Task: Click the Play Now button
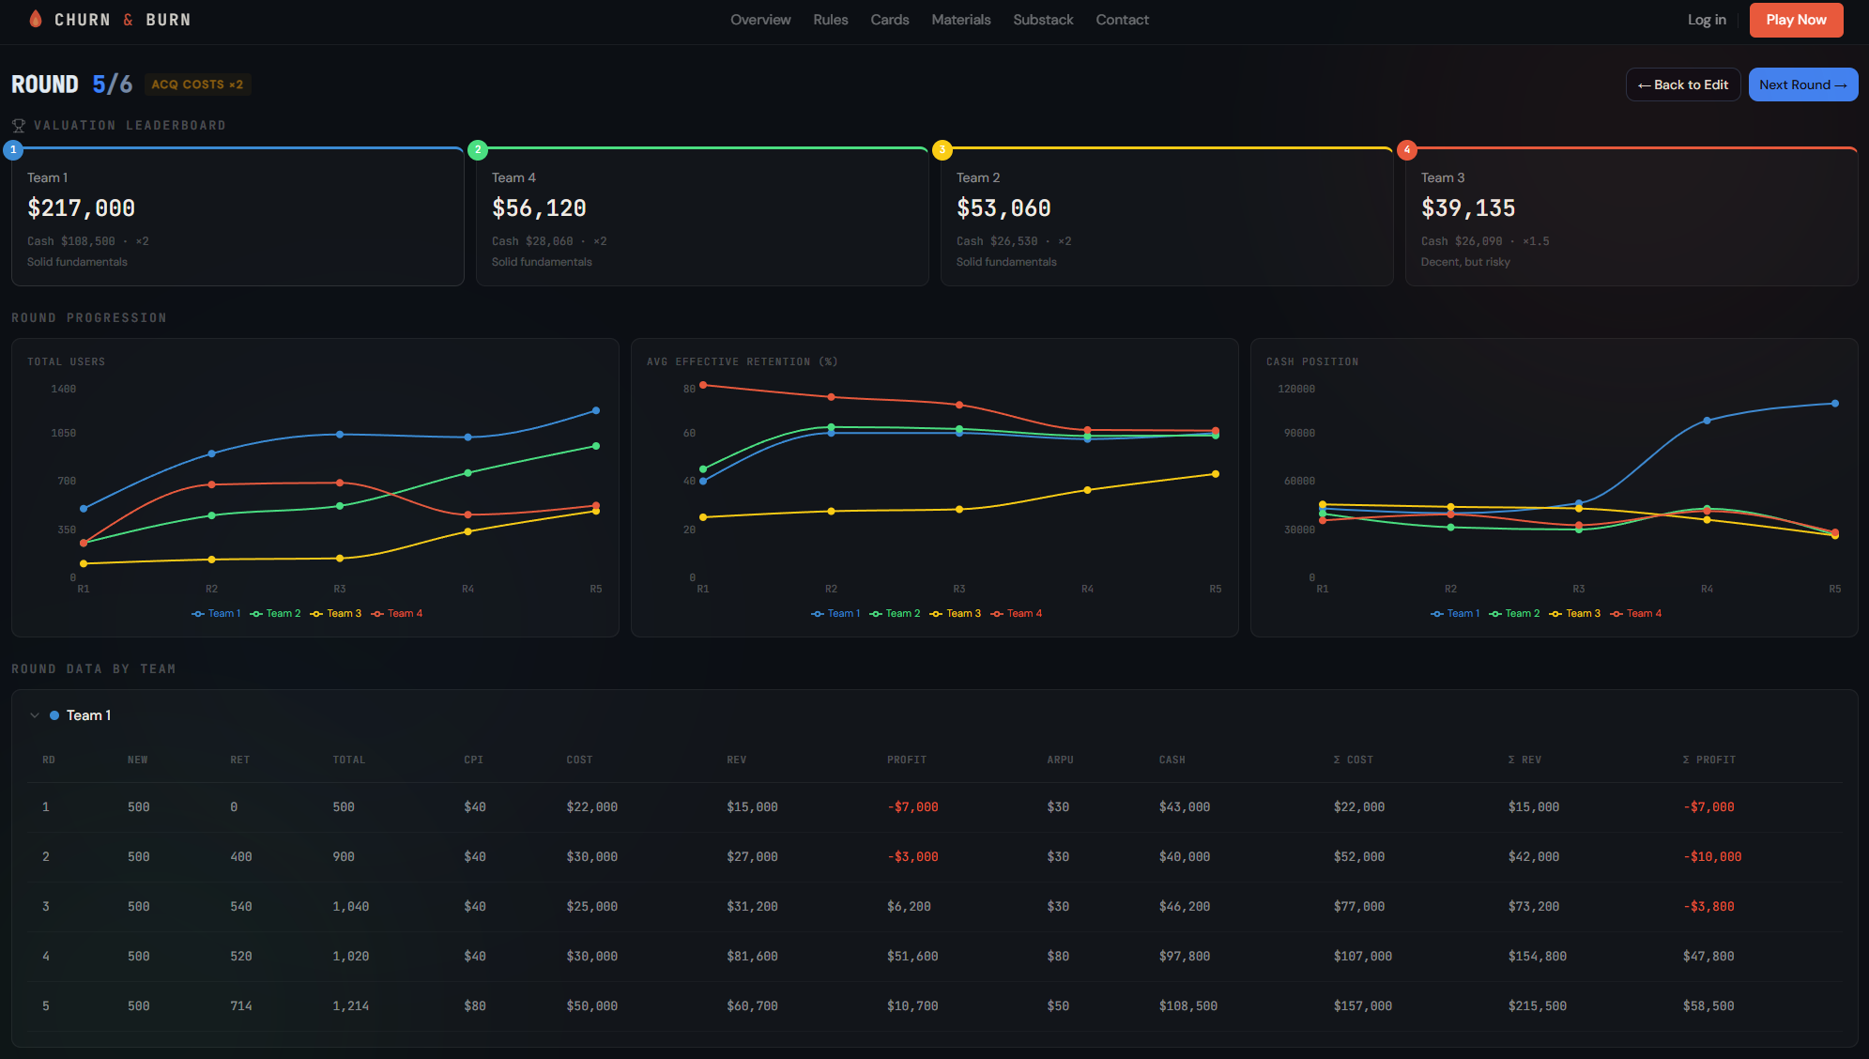pyautogui.click(x=1796, y=20)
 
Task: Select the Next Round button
pyautogui.click(x=1802, y=84)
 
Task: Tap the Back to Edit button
pyautogui.click(x=1683, y=84)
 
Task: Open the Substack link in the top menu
pyautogui.click(x=1043, y=20)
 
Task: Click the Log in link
pyautogui.click(x=1707, y=20)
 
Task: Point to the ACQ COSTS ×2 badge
pyautogui.click(x=197, y=84)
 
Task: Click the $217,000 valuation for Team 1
pyautogui.click(x=82, y=208)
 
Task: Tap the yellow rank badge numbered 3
pyautogui.click(x=942, y=150)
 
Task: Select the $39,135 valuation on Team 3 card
pyautogui.click(x=1468, y=208)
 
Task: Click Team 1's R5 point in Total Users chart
pyautogui.click(x=596, y=410)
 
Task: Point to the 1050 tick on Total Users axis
pyautogui.click(x=64, y=434)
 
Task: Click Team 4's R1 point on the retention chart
pyautogui.click(x=703, y=385)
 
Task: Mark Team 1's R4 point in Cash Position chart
pyautogui.click(x=1707, y=421)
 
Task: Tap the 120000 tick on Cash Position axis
pyautogui.click(x=1296, y=390)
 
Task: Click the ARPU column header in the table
pyautogui.click(x=1060, y=760)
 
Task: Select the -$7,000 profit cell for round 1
pyautogui.click(x=912, y=807)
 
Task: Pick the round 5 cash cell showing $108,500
pyautogui.click(x=1187, y=1006)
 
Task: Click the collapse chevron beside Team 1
pyautogui.click(x=35, y=715)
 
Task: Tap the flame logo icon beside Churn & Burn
pyautogui.click(x=36, y=20)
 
